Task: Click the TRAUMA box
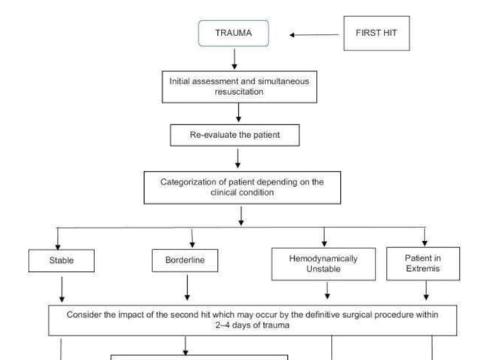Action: (234, 34)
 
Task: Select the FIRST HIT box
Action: (376, 34)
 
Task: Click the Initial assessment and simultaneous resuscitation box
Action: (237, 85)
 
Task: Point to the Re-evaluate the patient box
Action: (237, 136)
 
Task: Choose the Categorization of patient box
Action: (242, 187)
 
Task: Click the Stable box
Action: (62, 261)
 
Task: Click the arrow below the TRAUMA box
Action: (234, 58)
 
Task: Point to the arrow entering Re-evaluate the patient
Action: (238, 112)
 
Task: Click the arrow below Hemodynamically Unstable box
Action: (326, 291)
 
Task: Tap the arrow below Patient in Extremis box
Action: (427, 290)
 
